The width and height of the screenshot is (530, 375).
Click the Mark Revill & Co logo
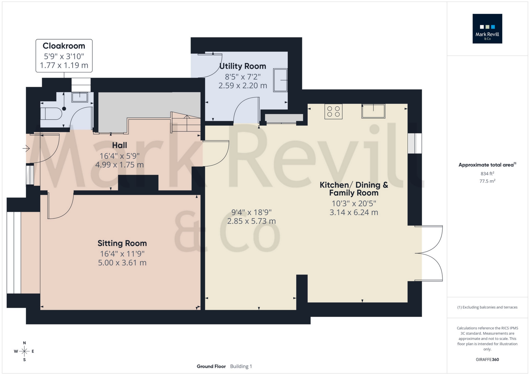[x=487, y=29]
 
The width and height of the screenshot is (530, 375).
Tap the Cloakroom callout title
[x=64, y=46]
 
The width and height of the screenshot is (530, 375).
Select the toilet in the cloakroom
[x=51, y=114]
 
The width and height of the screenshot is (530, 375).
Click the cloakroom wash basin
[x=80, y=97]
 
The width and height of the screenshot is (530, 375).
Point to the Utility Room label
[x=243, y=66]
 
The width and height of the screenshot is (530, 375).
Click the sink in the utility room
[x=280, y=80]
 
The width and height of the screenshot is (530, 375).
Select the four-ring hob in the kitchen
[x=333, y=111]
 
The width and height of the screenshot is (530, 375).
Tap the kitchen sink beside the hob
[x=373, y=111]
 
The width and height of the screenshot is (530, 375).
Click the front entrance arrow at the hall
[x=26, y=149]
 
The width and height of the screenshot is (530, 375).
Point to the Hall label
[x=119, y=145]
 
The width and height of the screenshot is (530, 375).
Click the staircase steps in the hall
[x=186, y=123]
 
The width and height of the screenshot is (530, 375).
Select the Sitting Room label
[x=122, y=243]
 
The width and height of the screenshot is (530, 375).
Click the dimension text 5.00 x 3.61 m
[x=122, y=263]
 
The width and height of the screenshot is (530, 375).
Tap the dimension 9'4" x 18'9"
[x=251, y=212]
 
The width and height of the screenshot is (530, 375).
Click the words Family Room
[x=354, y=193]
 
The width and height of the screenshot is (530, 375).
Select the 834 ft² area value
[x=487, y=173]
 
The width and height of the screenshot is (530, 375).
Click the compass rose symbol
[x=24, y=351]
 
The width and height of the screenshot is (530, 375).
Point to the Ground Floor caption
[x=211, y=366]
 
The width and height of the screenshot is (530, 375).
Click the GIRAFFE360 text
[x=487, y=360]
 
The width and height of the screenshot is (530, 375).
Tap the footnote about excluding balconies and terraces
[x=487, y=307]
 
